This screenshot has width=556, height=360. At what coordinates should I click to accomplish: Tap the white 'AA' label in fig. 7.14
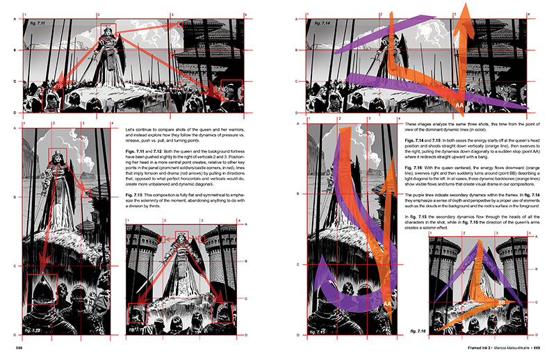point(459,105)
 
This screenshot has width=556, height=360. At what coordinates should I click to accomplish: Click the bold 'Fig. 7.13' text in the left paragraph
point(136,192)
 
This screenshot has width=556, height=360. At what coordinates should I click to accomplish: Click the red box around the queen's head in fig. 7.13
point(182,239)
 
